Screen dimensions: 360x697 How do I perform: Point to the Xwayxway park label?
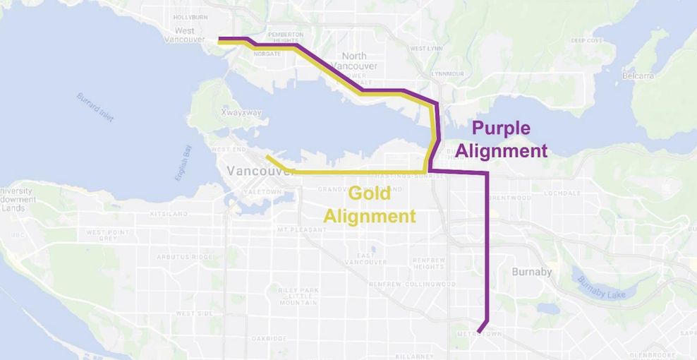coord(241,113)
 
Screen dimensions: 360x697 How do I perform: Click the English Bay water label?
coord(183,163)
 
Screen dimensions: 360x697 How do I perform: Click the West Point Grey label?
coord(107,235)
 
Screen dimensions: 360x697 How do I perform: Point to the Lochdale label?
coord(562,193)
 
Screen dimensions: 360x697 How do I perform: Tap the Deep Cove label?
coord(587,40)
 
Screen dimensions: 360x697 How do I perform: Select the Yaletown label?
coord(262,192)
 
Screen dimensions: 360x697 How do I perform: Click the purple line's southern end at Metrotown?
coord(479,331)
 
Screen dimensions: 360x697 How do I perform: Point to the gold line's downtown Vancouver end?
coord(267,157)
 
